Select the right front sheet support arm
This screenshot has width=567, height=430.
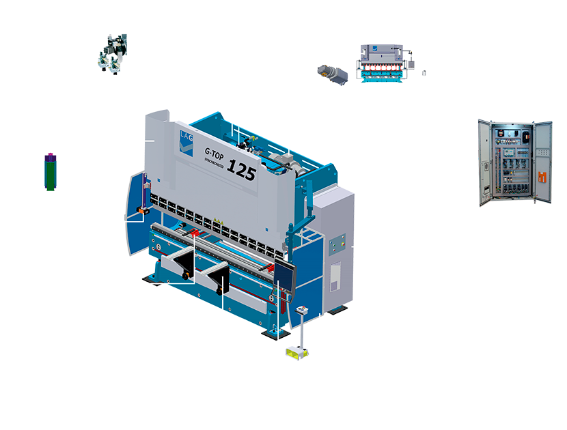click(222, 273)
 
